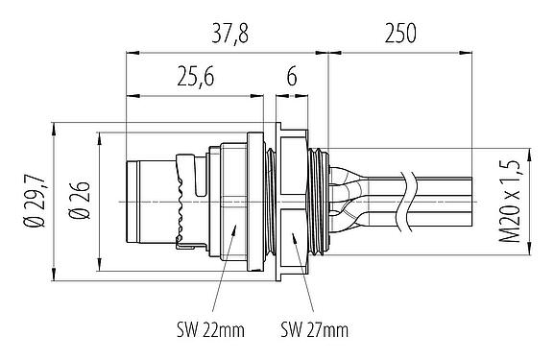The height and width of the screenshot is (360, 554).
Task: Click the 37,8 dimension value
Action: (x=227, y=36)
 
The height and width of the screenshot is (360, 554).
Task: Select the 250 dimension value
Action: (x=399, y=36)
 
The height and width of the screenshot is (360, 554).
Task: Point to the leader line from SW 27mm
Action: (x=300, y=278)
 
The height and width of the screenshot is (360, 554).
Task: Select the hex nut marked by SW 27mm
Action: (x=293, y=203)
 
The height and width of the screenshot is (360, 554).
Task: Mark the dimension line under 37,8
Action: (x=227, y=55)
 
